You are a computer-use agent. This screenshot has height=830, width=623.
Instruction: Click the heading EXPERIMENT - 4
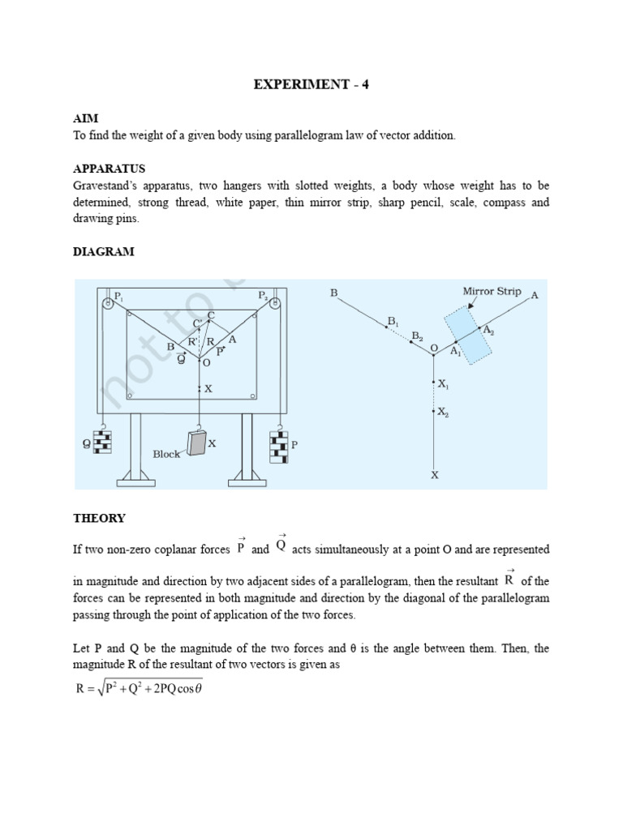tap(311, 84)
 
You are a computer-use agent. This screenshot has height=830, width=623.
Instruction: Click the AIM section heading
tap(84, 118)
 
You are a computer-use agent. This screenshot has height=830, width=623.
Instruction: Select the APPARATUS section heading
tap(109, 169)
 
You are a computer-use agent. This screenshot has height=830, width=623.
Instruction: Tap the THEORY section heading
tap(99, 518)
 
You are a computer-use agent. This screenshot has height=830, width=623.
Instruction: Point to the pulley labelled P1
tap(106, 303)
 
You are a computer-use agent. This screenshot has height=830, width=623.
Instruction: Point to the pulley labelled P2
tap(275, 303)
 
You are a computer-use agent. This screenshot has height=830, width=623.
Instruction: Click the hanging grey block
tap(196, 443)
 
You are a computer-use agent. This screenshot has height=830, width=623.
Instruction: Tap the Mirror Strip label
tap(492, 291)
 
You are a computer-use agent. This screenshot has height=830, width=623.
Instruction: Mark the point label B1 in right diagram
tap(393, 321)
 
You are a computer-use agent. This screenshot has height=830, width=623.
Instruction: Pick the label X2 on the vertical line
tap(443, 412)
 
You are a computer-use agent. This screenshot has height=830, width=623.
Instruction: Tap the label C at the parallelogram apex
tap(212, 314)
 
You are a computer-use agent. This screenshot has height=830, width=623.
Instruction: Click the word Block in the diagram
tap(166, 455)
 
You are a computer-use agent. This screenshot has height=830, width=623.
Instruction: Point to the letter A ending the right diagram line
tap(534, 296)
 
